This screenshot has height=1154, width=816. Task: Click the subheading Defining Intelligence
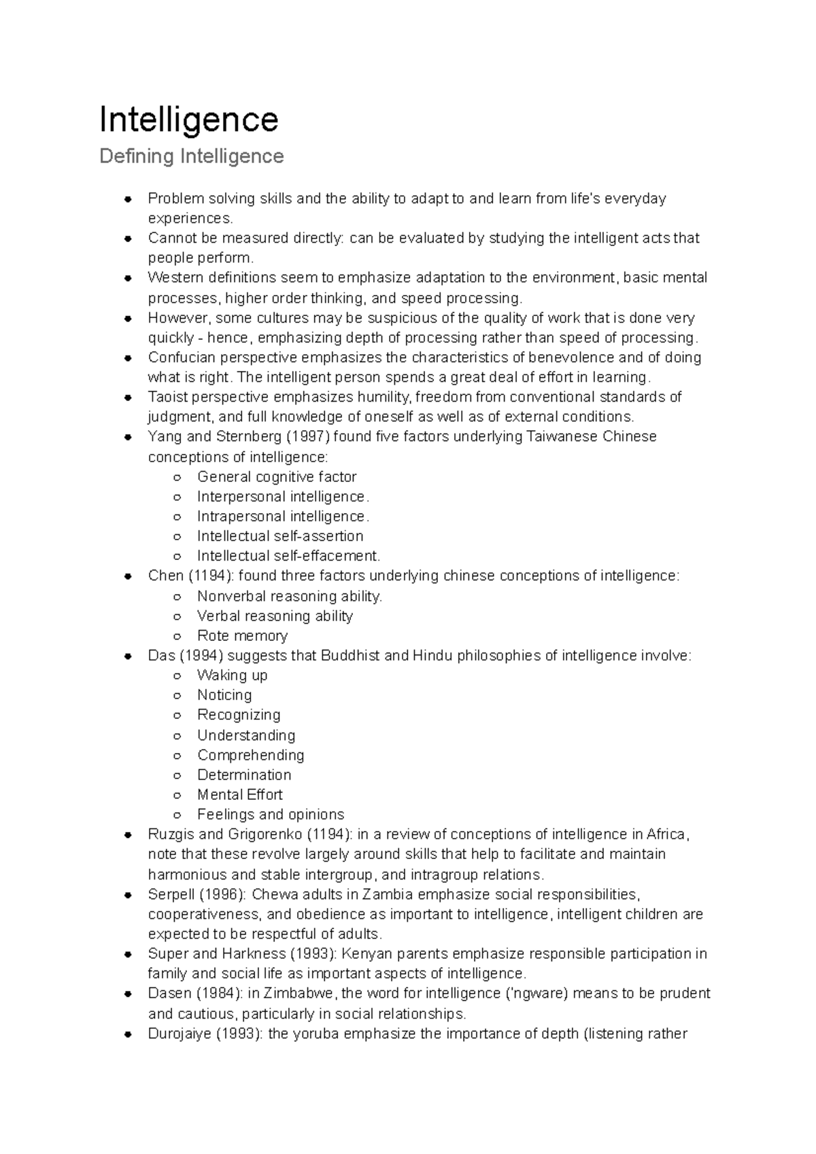click(191, 156)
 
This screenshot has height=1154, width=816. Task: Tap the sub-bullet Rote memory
click(242, 635)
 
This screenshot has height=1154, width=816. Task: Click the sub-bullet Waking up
click(232, 675)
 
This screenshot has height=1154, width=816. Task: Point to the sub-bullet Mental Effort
click(239, 794)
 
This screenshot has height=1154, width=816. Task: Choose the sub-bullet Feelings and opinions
click(270, 814)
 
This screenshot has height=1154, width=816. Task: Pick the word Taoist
click(167, 397)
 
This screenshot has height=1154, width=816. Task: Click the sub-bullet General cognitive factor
click(276, 476)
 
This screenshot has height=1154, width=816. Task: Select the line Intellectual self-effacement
click(288, 556)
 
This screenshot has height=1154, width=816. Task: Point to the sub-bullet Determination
click(243, 775)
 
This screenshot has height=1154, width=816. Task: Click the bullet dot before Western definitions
click(127, 278)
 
